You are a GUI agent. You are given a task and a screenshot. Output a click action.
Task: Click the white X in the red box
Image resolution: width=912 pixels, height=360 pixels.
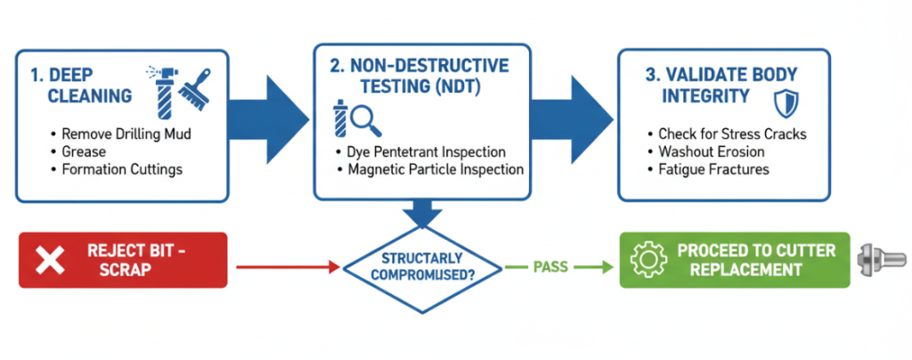tap(52, 260)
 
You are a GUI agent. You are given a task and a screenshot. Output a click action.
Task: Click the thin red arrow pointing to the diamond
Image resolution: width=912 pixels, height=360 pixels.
tap(285, 266)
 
